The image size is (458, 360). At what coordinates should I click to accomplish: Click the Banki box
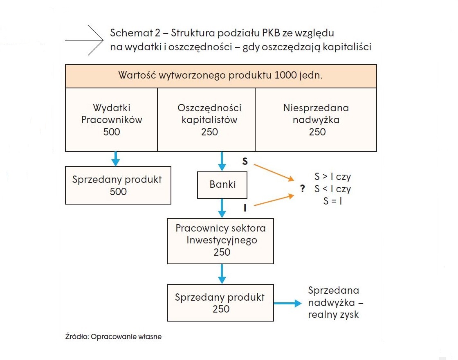click(x=222, y=185)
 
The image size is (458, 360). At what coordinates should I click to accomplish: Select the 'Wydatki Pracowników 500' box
click(x=111, y=119)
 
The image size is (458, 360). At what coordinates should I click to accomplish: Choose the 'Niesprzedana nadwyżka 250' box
click(x=316, y=119)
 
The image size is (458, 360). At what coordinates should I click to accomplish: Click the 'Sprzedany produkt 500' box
click(x=118, y=185)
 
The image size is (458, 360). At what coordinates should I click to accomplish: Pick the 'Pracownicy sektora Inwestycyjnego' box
click(x=220, y=241)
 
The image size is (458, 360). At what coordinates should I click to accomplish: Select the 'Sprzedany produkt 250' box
click(x=220, y=303)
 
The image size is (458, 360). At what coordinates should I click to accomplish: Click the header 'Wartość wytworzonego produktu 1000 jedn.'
click(x=221, y=76)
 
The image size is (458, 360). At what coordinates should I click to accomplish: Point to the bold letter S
click(x=245, y=161)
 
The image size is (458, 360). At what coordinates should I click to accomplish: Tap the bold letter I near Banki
click(x=245, y=208)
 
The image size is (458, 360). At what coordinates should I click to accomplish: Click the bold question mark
click(x=303, y=188)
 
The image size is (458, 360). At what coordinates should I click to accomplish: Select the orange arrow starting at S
click(x=274, y=172)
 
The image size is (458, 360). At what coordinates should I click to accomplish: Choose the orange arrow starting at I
click(x=274, y=200)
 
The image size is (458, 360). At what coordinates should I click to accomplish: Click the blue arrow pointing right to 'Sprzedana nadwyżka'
click(x=288, y=303)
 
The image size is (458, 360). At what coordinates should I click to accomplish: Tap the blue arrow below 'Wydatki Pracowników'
click(x=116, y=159)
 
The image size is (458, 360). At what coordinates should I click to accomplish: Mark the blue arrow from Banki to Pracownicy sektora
click(x=222, y=208)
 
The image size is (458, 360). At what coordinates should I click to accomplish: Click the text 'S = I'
click(x=333, y=201)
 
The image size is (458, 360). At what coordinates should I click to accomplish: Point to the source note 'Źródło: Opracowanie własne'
click(x=113, y=337)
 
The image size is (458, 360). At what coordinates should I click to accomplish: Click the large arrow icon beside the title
click(x=84, y=40)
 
